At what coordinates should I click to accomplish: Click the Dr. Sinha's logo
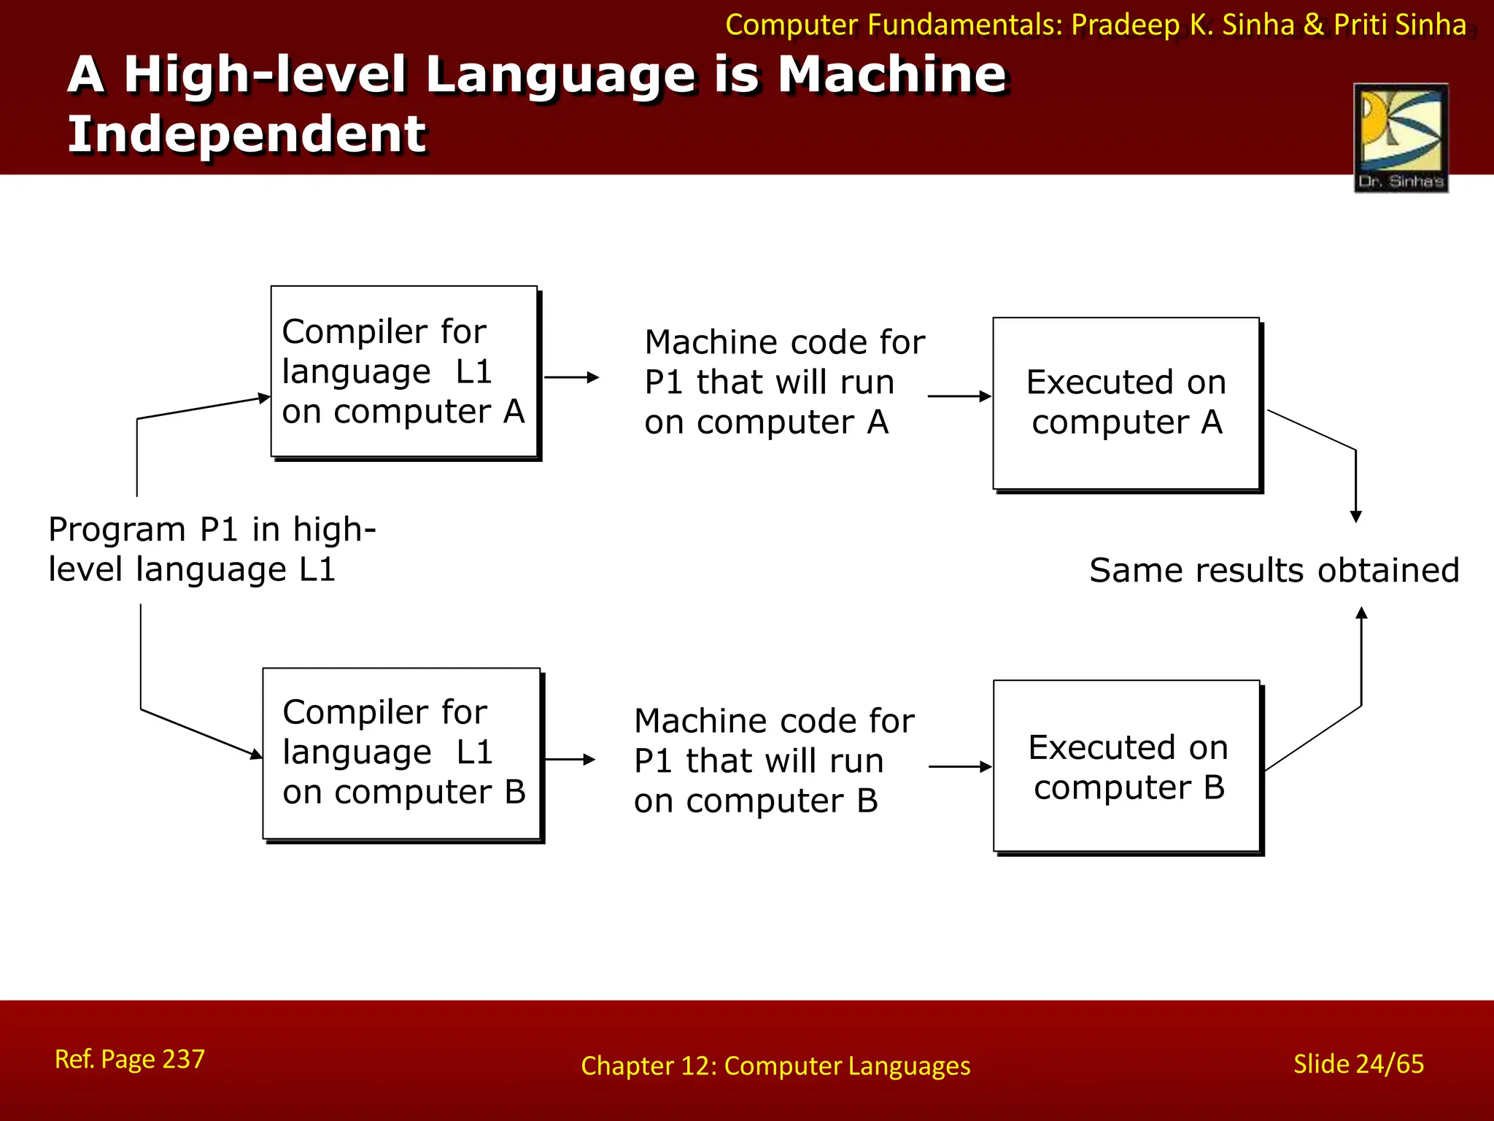pyautogui.click(x=1401, y=137)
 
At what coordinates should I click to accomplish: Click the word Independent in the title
pyautogui.click(x=247, y=134)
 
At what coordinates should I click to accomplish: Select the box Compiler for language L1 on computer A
pyautogui.click(x=404, y=371)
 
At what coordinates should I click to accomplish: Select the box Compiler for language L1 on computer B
pyautogui.click(x=403, y=753)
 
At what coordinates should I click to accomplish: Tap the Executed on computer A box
pyautogui.click(x=1126, y=403)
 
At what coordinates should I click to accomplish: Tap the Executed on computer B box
pyautogui.click(x=1127, y=766)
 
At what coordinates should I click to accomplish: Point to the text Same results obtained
pyautogui.click(x=1274, y=570)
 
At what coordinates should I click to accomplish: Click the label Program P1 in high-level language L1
pyautogui.click(x=212, y=549)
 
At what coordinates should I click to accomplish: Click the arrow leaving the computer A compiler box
pyautogui.click(x=572, y=377)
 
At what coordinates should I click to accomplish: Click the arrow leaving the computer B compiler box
pyautogui.click(x=570, y=760)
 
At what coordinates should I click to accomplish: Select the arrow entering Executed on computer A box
pyautogui.click(x=959, y=396)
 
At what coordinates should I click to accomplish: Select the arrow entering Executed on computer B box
pyautogui.click(x=960, y=766)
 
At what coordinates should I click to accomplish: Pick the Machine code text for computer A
pyautogui.click(x=783, y=382)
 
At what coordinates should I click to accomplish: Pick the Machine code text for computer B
pyautogui.click(x=773, y=760)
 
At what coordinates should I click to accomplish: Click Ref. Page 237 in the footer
pyautogui.click(x=130, y=1059)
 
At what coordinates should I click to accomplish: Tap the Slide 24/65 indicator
pyautogui.click(x=1358, y=1064)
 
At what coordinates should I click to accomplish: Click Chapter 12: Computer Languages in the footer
pyautogui.click(x=775, y=1066)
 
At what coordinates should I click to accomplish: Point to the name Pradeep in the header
pyautogui.click(x=1125, y=25)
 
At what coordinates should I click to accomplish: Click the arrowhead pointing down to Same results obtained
pyautogui.click(x=1356, y=517)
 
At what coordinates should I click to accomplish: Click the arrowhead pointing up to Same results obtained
pyautogui.click(x=1361, y=613)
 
